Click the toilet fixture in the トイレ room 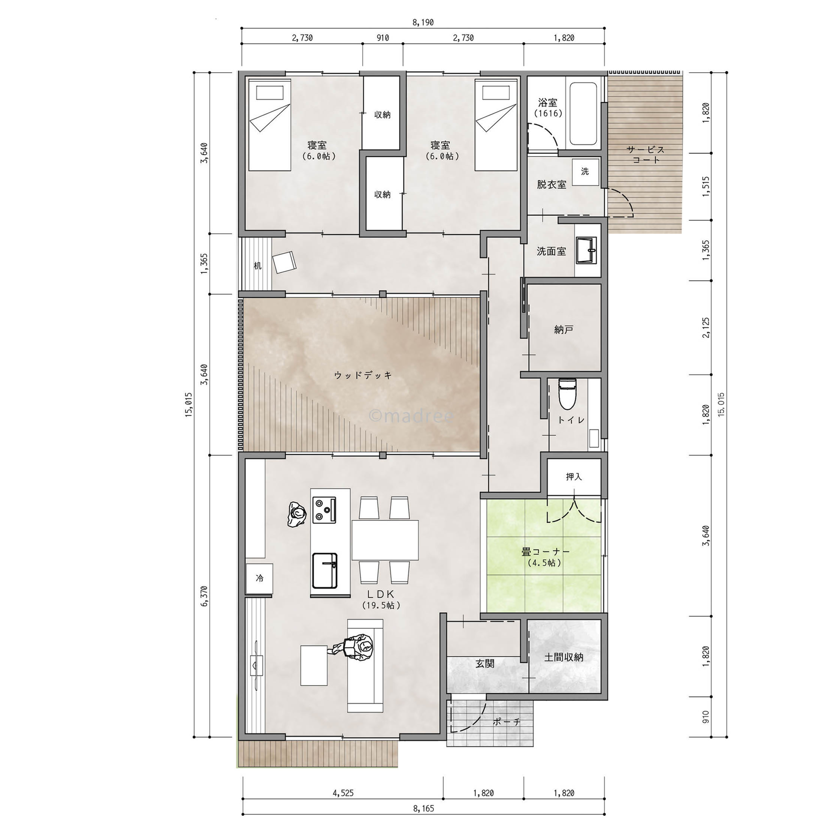point(566,394)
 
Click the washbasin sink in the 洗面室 point(587,250)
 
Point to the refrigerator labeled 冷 point(259,578)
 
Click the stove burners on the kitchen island point(324,510)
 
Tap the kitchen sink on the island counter point(325,570)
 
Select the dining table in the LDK point(385,540)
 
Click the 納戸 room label point(563,330)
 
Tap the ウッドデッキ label point(363,375)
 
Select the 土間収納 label point(563,657)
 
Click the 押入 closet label point(574,477)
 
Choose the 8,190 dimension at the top point(423,22)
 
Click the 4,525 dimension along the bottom point(343,793)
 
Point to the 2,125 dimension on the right point(706,328)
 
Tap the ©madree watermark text point(411,416)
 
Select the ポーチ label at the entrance point(507,722)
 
